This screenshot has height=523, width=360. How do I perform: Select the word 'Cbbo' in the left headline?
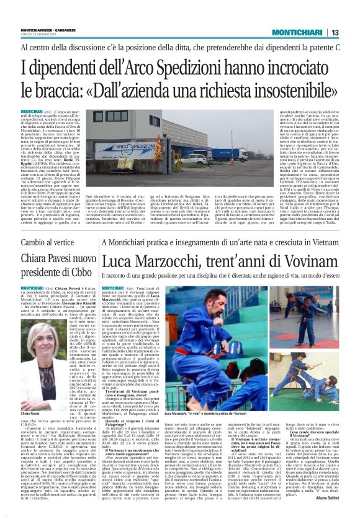click(84, 272)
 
